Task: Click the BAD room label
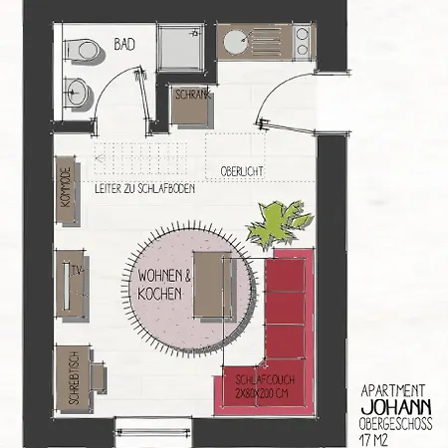[x=124, y=44]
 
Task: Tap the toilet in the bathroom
[x=82, y=51]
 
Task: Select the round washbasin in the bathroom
[x=78, y=92]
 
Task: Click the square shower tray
[x=181, y=47]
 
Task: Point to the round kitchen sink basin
[x=235, y=42]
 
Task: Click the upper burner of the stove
[x=302, y=34]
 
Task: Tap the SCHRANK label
[x=193, y=95]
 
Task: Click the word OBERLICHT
[x=242, y=171]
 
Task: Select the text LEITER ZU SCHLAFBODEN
[x=144, y=188]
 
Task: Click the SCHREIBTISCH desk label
[x=75, y=378]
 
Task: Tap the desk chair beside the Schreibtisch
[x=99, y=377]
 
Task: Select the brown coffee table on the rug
[x=212, y=285]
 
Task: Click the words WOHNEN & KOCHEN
[x=164, y=285]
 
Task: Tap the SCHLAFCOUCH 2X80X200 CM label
[x=265, y=386]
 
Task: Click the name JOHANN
[x=396, y=406]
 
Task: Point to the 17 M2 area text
[x=373, y=440]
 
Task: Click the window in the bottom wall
[x=153, y=431]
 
